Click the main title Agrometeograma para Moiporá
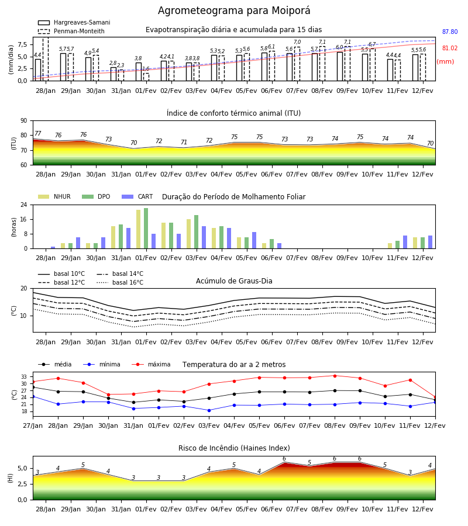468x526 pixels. tap(234, 11)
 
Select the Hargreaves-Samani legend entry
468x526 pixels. tap(74, 22)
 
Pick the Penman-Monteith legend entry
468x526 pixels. tap(71, 31)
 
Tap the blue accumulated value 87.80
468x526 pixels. tap(450, 32)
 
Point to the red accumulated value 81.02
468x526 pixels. tap(450, 49)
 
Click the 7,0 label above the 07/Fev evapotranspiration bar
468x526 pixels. tap(297, 42)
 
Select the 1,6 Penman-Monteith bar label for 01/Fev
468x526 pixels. tap(146, 69)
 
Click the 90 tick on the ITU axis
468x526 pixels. tap(24, 121)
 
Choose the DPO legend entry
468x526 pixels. tap(96, 196)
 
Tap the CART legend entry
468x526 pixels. tap(137, 196)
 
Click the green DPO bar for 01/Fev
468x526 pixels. tap(146, 229)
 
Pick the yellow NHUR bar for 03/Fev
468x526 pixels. tap(189, 234)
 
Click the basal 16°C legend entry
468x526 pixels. tap(120, 282)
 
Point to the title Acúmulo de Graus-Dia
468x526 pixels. tap(234, 281)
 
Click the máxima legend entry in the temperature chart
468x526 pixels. tap(151, 364)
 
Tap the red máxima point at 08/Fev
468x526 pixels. tap(335, 376)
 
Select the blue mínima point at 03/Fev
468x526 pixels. tap(209, 410)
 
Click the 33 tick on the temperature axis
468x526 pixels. tap(24, 377)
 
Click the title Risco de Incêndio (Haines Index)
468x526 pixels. tap(234, 448)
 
